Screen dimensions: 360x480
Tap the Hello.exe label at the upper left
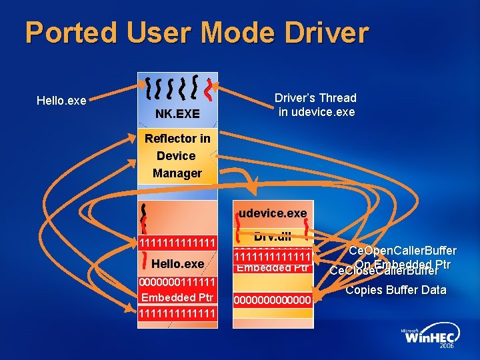pyautogui.click(x=61, y=101)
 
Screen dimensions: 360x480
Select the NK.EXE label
pyautogui.click(x=177, y=114)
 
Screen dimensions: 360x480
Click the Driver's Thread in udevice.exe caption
pyautogui.click(x=317, y=105)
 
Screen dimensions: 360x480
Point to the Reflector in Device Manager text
pyautogui.click(x=177, y=156)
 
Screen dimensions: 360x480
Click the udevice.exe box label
pyautogui.click(x=273, y=213)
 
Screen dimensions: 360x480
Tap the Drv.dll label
pyautogui.click(x=273, y=235)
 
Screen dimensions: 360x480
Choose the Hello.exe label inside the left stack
pyautogui.click(x=177, y=264)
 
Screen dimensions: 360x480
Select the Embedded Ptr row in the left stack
pyautogui.click(x=177, y=297)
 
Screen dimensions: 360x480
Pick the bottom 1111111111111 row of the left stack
pyautogui.click(x=177, y=313)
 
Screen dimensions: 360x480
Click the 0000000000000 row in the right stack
pyautogui.click(x=273, y=301)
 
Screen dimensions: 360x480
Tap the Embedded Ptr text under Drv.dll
pyautogui.click(x=273, y=268)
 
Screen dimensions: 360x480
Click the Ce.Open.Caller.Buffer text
pyautogui.click(x=403, y=251)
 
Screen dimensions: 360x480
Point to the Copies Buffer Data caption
pyautogui.click(x=396, y=290)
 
